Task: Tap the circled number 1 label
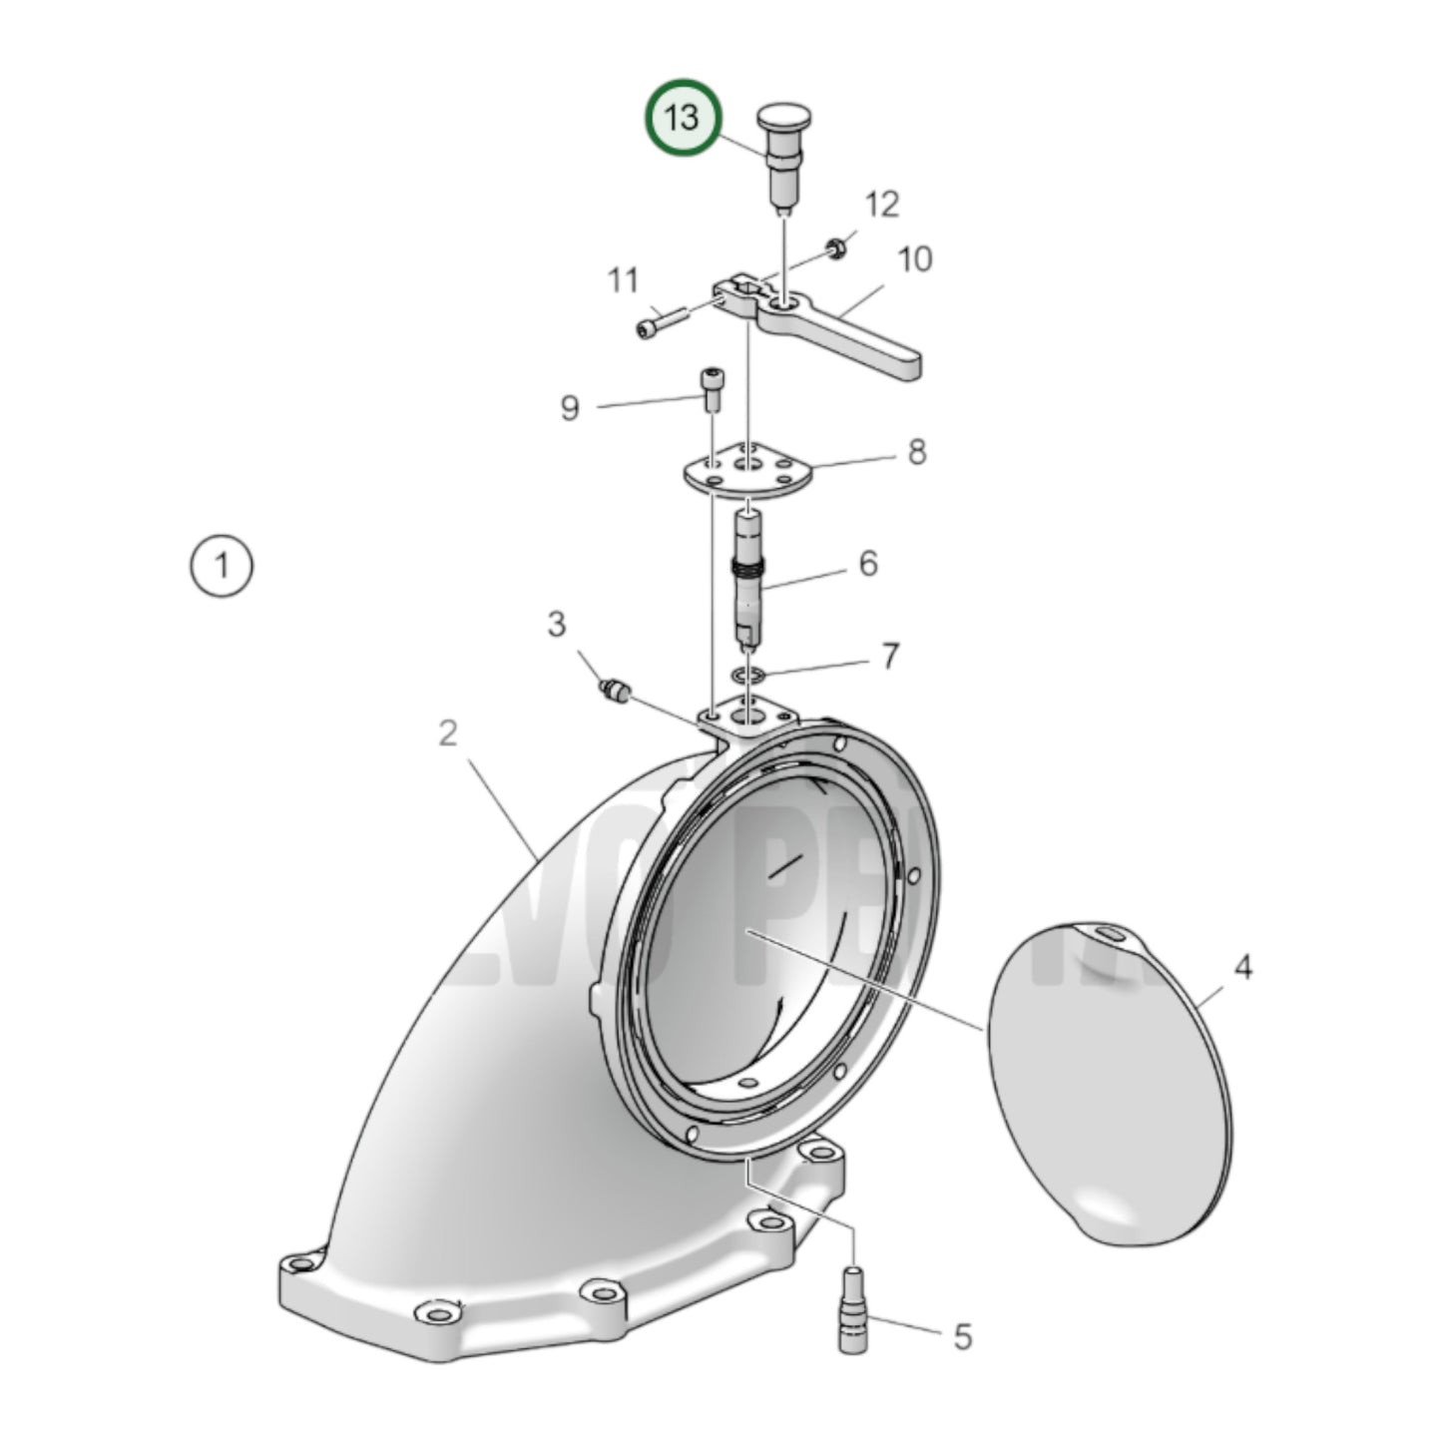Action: pos(222,566)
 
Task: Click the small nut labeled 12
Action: pos(838,244)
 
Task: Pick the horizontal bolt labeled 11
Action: pos(660,323)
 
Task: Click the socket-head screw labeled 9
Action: pos(711,388)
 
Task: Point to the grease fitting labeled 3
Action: pos(612,691)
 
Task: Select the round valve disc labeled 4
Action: pos(1108,1083)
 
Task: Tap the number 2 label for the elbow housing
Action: pos(448,733)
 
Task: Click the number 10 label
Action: pos(914,259)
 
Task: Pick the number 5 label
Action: pos(962,1336)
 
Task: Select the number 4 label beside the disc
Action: pos(1242,966)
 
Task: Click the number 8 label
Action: pos(916,452)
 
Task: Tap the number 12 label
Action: pos(881,205)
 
